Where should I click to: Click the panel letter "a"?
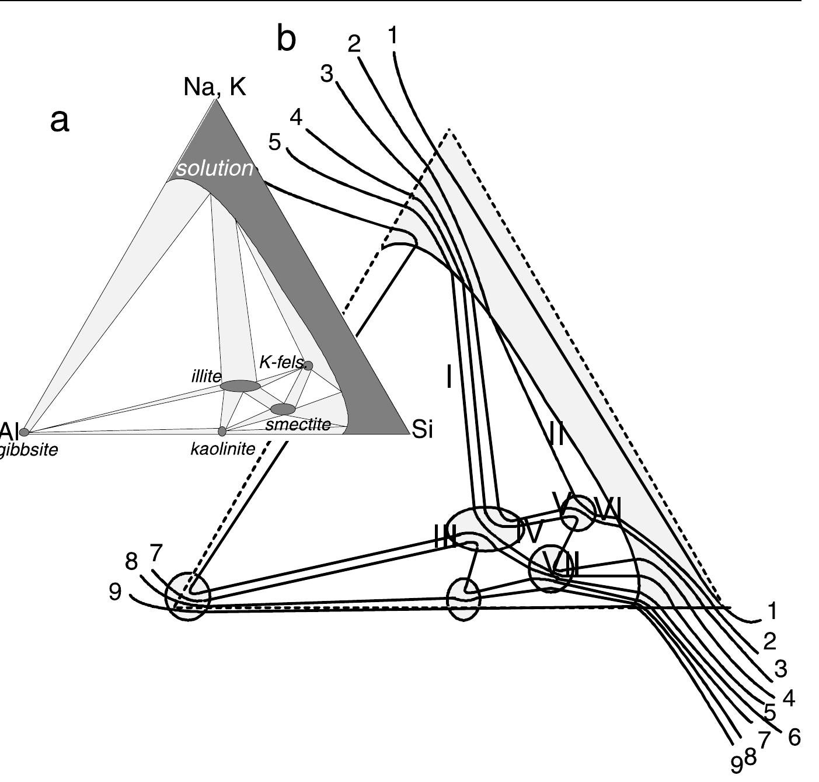point(60,121)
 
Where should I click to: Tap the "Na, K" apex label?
point(214,87)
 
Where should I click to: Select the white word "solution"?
point(214,168)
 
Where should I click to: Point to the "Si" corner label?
point(423,430)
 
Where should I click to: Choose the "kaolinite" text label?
point(223,449)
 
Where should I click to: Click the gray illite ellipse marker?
point(240,385)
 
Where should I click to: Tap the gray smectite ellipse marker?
point(283,409)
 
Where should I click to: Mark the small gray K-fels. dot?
point(308,366)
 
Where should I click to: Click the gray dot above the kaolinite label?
point(222,432)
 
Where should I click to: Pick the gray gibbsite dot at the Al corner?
point(24,432)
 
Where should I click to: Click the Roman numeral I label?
point(448,377)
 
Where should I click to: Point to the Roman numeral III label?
point(445,537)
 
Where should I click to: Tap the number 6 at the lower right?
point(794,737)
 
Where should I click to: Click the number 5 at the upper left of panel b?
point(275,142)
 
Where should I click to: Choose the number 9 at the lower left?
point(116,592)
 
